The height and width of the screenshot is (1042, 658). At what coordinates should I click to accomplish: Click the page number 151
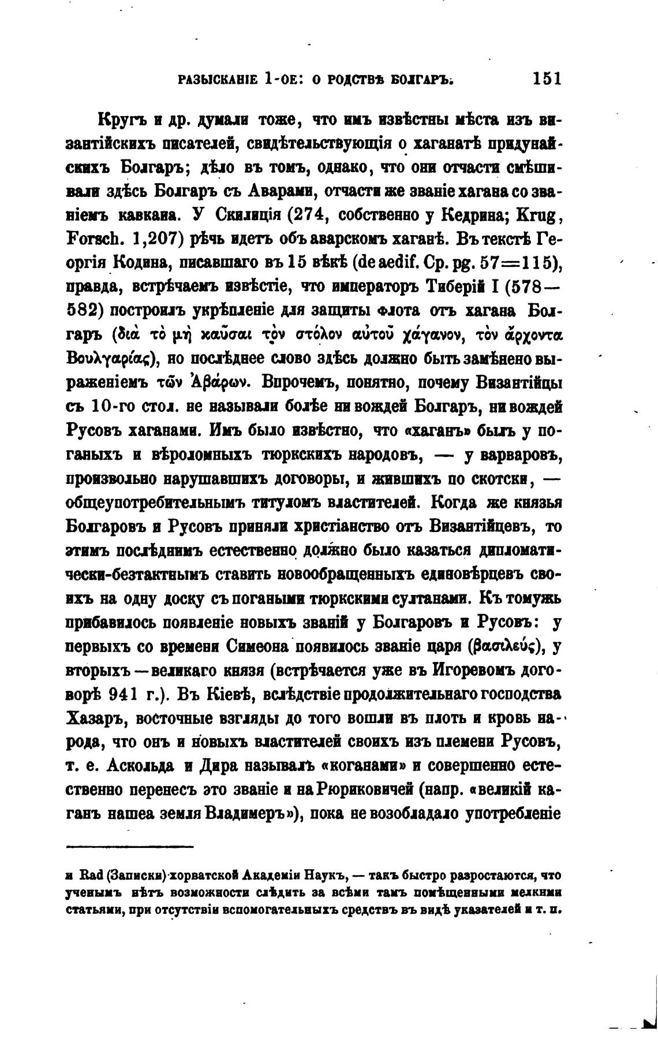547,79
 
